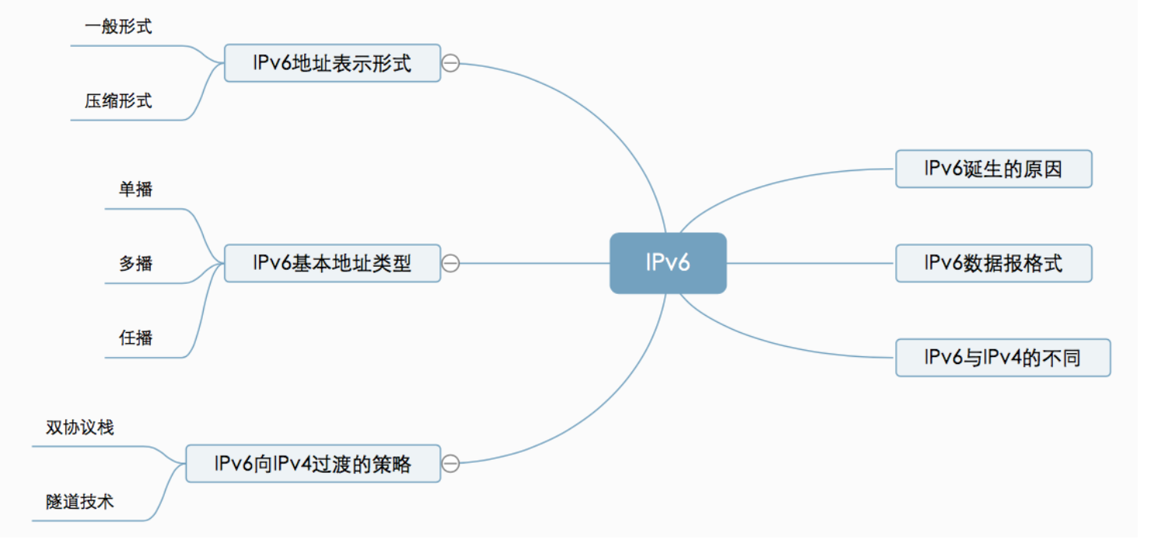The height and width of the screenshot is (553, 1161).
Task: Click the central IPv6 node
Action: click(667, 263)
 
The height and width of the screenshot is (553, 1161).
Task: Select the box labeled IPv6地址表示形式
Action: click(332, 63)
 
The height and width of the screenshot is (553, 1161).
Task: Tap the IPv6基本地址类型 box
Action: click(332, 264)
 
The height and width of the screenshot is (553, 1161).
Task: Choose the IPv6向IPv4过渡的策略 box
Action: click(313, 464)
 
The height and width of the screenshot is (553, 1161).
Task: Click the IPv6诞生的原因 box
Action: click(993, 169)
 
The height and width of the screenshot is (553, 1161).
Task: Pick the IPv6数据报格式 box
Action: click(993, 264)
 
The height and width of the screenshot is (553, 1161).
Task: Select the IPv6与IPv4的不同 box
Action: click(1002, 358)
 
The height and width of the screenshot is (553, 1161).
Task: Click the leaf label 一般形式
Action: click(118, 26)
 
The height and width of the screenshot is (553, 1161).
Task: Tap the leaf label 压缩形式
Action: click(118, 100)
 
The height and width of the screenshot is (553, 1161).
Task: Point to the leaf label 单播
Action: click(135, 189)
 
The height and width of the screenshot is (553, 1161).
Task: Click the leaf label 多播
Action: click(135, 264)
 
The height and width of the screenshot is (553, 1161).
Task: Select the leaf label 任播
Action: click(135, 338)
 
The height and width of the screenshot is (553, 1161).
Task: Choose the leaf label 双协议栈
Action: click(79, 428)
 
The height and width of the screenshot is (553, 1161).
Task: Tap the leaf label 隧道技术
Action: click(79, 502)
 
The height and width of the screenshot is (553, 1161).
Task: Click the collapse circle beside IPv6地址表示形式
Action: click(450, 63)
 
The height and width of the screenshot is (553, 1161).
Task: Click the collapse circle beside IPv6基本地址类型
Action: click(450, 264)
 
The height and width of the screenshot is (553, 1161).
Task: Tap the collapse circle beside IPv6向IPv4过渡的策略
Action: click(450, 464)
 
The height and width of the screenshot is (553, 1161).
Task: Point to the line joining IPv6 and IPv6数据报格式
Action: click(809, 263)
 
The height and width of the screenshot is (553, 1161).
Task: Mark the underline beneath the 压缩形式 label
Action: click(124, 121)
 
